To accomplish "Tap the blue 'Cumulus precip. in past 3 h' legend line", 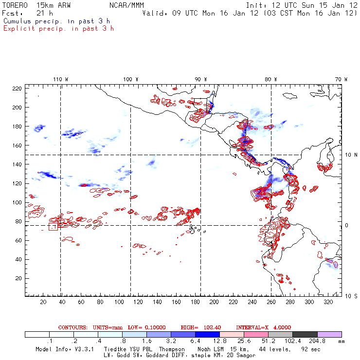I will pyautogui.click(x=56, y=21).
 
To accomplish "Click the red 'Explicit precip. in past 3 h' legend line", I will pyautogui.click(x=58, y=28).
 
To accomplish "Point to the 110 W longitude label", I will pyautogui.click(x=60, y=79).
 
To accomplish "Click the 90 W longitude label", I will pyautogui.click(x=200, y=79).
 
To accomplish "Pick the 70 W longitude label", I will pyautogui.click(x=341, y=79).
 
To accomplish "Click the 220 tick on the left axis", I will pyautogui.click(x=17, y=88).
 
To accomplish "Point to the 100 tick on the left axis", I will pyautogui.click(x=17, y=202).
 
